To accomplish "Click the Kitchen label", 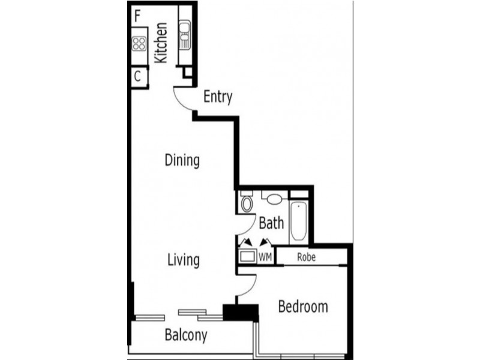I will click(x=161, y=43).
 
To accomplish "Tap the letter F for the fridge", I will click(x=138, y=16).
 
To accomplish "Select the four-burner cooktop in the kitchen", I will click(x=140, y=43).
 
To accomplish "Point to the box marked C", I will click(x=138, y=77).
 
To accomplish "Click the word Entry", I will click(x=217, y=97).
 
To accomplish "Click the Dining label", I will click(x=182, y=160).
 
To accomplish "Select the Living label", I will click(x=183, y=260).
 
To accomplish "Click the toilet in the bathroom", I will click(x=247, y=203).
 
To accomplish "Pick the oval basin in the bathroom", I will click(x=275, y=199).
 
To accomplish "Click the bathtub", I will click(x=299, y=220).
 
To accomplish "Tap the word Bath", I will click(x=271, y=223).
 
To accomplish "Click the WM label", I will click(x=265, y=257).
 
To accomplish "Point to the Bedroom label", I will click(x=303, y=307).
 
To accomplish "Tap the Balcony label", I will click(x=186, y=335).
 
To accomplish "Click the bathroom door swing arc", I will click(x=245, y=226).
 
